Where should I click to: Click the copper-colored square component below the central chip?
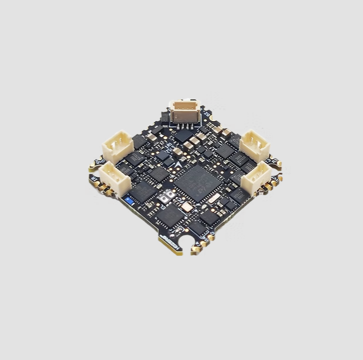[x=187, y=206]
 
